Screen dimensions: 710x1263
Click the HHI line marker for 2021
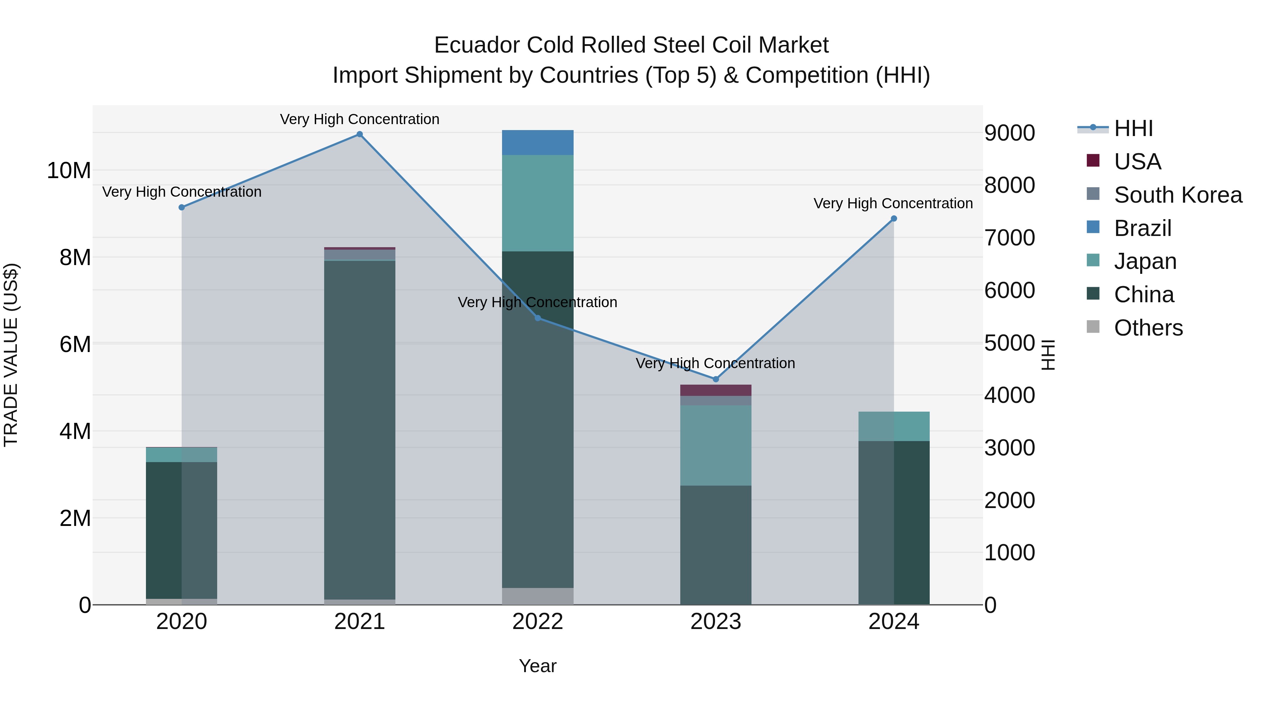click(359, 134)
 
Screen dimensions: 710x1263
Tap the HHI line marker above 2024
click(893, 218)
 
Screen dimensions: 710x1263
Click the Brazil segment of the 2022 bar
click(537, 143)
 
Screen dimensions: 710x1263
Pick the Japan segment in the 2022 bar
click(537, 203)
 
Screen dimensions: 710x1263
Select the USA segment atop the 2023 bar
click(715, 390)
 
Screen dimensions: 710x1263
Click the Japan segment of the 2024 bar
click(893, 426)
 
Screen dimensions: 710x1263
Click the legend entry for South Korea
click(1178, 195)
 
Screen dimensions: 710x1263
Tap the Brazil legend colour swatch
click(1093, 227)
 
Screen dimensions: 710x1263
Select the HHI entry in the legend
click(1133, 128)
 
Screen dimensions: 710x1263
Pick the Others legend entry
click(1148, 328)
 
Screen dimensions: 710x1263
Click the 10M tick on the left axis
click(69, 170)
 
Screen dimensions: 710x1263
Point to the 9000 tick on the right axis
click(1009, 133)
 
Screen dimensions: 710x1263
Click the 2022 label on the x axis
click(537, 622)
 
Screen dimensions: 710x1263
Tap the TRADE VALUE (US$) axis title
click(11, 355)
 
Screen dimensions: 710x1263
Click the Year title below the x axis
click(537, 666)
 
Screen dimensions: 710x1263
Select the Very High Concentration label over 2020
click(181, 191)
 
